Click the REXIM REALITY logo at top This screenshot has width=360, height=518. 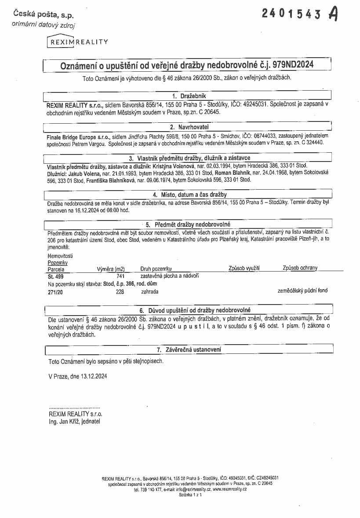pyautogui.click(x=77, y=42)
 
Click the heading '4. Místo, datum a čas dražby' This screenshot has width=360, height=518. pyautogui.click(x=189, y=194)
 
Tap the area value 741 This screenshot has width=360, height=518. pyautogui.click(x=120, y=276)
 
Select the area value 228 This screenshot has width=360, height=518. pyautogui.click(x=120, y=291)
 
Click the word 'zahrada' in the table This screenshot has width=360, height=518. pyautogui.click(x=149, y=291)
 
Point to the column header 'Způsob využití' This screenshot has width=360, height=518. pyautogui.click(x=244, y=268)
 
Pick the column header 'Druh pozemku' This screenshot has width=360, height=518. pyautogui.click(x=156, y=268)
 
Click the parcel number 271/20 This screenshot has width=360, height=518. pyautogui.click(x=55, y=291)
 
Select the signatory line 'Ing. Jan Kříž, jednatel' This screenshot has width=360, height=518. pyautogui.click(x=75, y=421)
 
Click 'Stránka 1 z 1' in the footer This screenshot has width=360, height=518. pyautogui.click(x=190, y=495)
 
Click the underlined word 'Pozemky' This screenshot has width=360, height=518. pyautogui.click(x=57, y=262)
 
